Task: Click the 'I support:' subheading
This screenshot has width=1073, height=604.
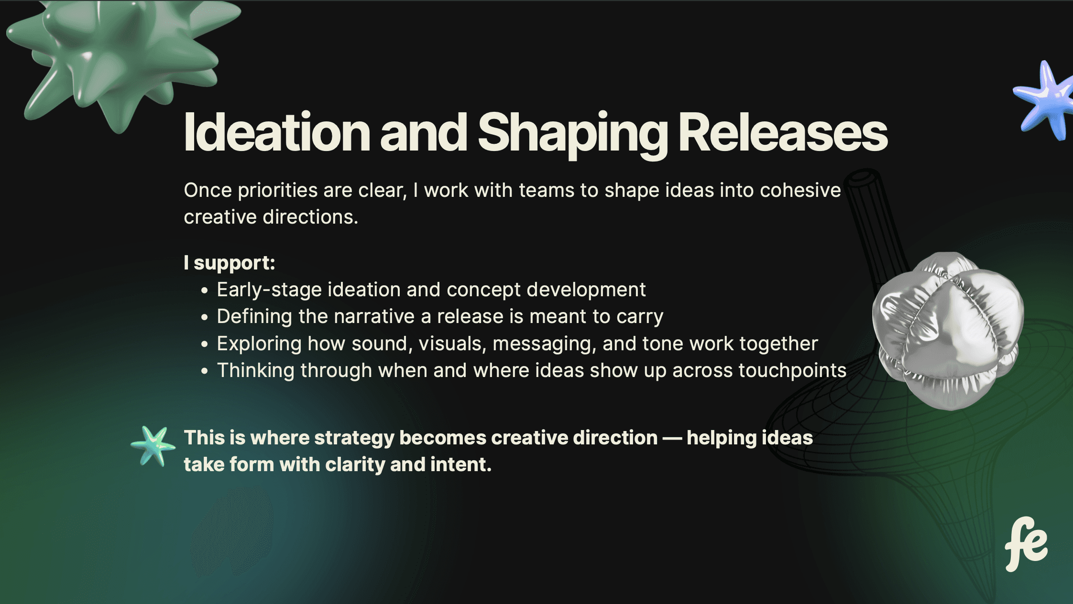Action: click(x=230, y=263)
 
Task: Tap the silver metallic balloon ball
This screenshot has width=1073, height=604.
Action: click(x=948, y=331)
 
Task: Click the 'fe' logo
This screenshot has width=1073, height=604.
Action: click(x=1026, y=544)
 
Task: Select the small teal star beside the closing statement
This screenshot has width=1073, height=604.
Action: click(x=153, y=446)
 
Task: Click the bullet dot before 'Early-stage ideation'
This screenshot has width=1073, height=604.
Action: click(x=205, y=290)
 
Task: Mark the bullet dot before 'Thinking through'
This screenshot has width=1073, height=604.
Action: click(x=205, y=371)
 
